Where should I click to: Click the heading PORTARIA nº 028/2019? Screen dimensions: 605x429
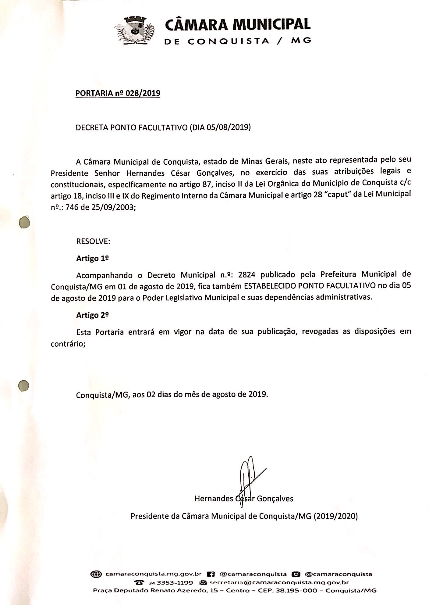point(118,93)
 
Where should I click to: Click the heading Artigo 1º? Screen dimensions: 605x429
point(93,258)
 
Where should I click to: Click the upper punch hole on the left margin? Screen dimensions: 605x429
point(24,222)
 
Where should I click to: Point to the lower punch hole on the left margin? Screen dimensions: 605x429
point(23,385)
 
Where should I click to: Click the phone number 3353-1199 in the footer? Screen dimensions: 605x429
point(174,582)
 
